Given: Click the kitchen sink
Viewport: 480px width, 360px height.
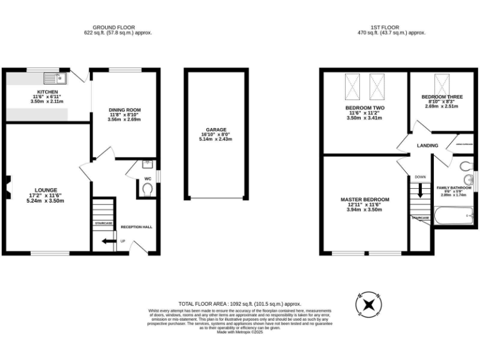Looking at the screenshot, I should [55, 79].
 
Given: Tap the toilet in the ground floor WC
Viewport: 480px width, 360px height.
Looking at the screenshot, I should [147, 189].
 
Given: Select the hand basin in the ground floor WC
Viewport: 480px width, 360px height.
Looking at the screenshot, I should [146, 165].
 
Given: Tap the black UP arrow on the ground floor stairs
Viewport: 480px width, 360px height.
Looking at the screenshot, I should [108, 240].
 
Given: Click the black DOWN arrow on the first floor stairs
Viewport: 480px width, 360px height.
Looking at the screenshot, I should [420, 191].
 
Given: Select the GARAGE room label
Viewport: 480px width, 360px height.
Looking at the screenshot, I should [216, 130].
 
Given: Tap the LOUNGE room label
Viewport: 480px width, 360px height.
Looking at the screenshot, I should [46, 190].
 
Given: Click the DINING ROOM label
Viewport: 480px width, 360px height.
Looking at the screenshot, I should [124, 110].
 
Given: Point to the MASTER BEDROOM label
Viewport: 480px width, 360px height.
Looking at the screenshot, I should [364, 199].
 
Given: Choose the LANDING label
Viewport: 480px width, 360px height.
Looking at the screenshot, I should [427, 146].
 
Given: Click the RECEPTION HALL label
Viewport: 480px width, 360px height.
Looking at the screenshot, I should [136, 227].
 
